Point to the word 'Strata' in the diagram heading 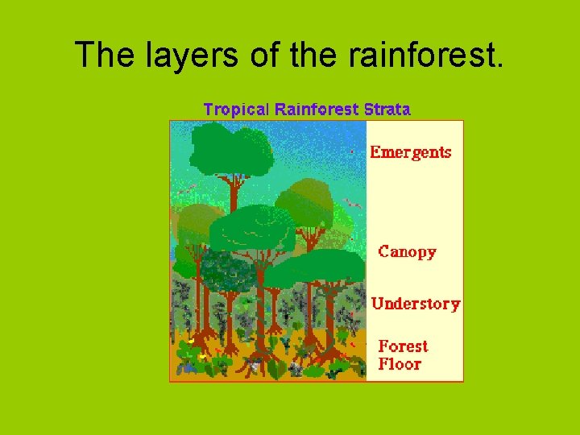point(387,109)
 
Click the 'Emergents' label point(410,152)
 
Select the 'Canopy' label point(407,252)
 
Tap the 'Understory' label point(416,304)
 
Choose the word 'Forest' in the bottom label point(403,346)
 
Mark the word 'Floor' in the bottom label point(400,364)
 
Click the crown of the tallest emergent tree point(232,150)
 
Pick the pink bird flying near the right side point(351,202)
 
